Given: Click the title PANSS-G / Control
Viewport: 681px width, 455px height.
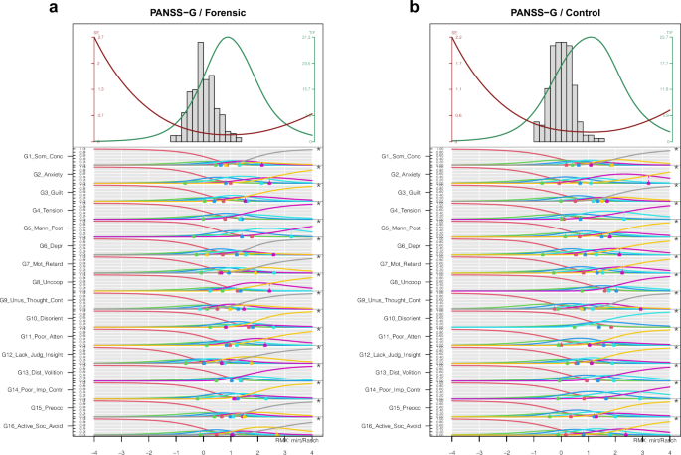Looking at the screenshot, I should click(560, 11).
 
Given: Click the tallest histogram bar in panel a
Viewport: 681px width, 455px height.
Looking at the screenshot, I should click(202, 89).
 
